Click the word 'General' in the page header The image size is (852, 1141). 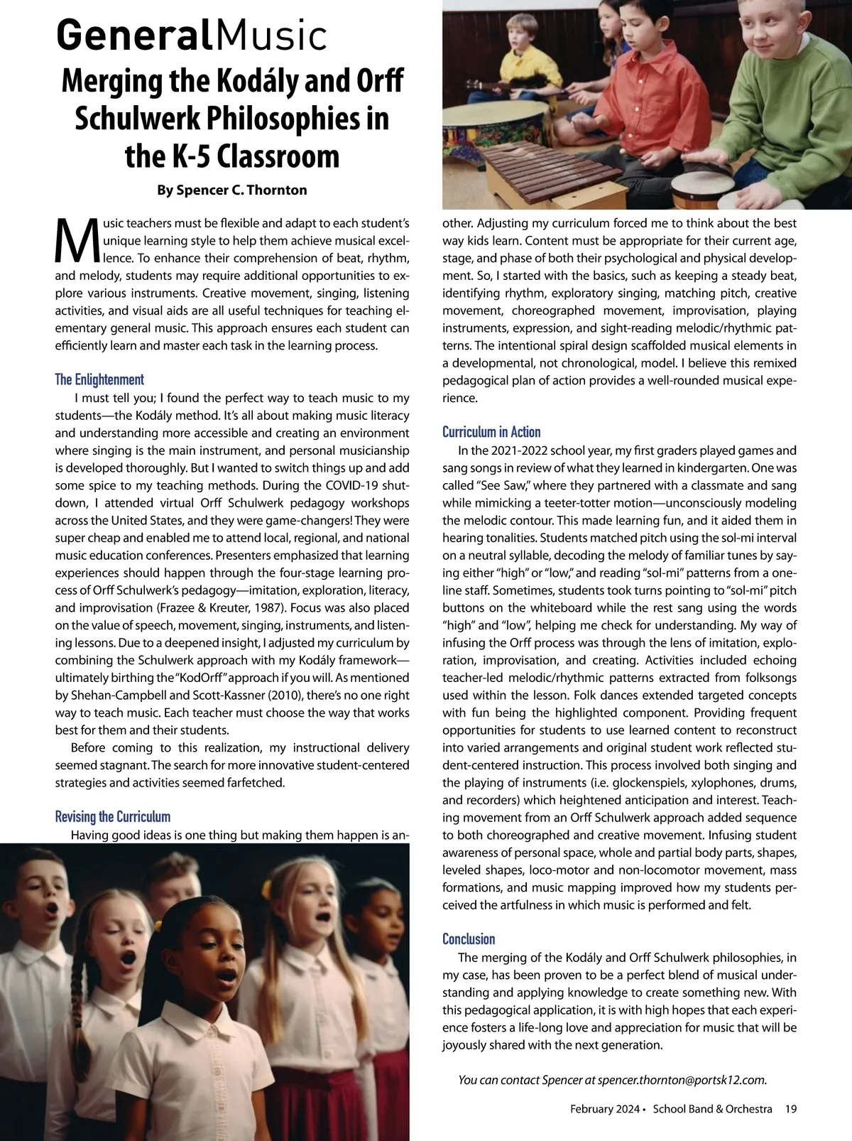point(133,34)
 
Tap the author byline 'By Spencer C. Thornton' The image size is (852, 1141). point(231,190)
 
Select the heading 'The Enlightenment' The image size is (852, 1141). point(99,379)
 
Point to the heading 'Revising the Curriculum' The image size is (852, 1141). point(113,816)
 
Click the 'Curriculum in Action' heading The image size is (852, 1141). point(491,432)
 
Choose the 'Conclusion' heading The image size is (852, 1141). point(469,939)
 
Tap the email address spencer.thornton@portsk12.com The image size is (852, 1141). point(682,1080)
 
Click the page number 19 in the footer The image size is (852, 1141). point(791,1108)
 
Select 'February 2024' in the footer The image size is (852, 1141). point(603,1108)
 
